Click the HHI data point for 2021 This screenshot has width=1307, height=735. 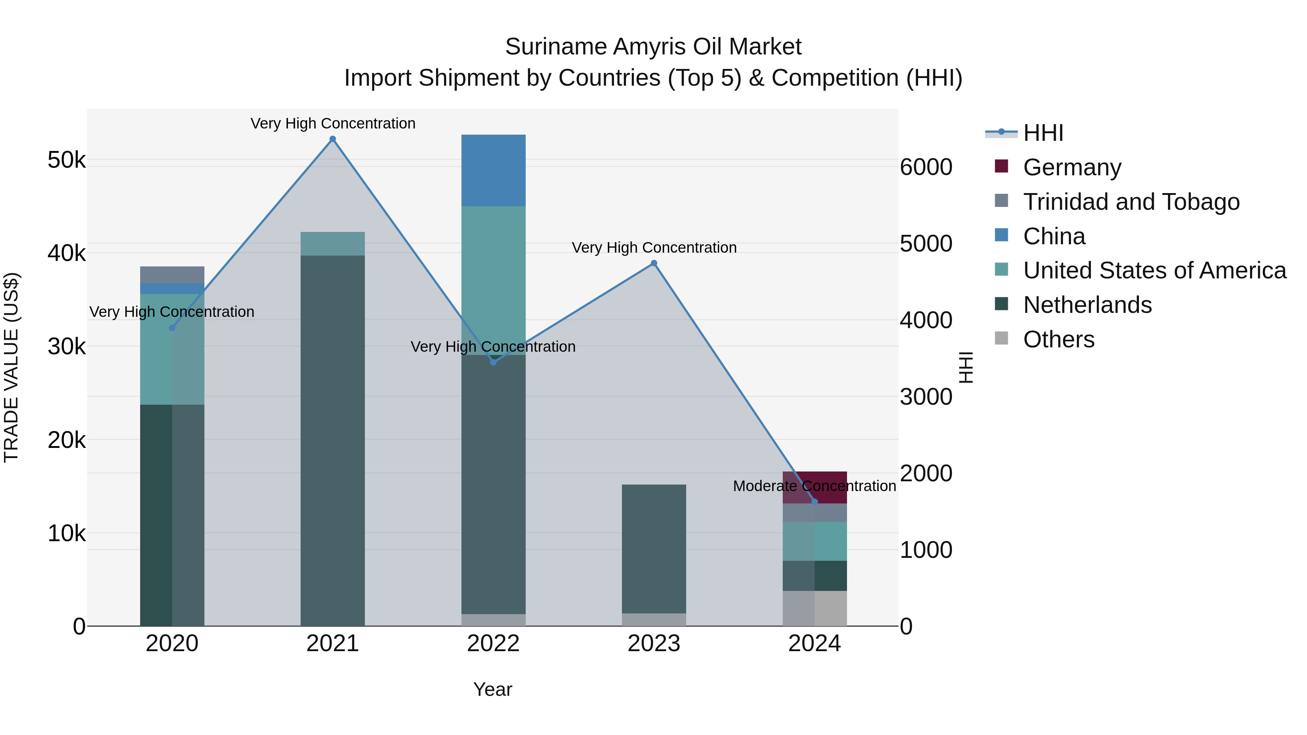click(332, 139)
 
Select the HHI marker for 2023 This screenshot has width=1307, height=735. click(654, 263)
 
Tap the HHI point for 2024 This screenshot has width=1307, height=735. click(814, 502)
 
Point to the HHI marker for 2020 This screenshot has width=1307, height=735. click(172, 328)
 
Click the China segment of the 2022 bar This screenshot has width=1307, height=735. click(493, 171)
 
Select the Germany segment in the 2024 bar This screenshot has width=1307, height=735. click(814, 487)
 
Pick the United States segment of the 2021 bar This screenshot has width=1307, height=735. click(332, 244)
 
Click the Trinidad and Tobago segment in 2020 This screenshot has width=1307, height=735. click(172, 274)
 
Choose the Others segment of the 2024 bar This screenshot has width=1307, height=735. click(814, 608)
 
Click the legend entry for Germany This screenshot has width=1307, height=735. click(1072, 167)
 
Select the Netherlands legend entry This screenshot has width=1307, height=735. click(1087, 305)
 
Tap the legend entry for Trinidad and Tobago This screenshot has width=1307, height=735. click(1131, 201)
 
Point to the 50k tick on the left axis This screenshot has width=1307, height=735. click(66, 160)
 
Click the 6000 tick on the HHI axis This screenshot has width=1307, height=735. click(926, 167)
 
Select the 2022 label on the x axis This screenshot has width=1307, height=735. click(493, 644)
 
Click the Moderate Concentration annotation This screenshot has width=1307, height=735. click(814, 486)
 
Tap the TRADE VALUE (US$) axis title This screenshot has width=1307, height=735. click(11, 367)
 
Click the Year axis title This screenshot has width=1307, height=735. click(493, 689)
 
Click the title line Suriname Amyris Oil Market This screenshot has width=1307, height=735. click(653, 47)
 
